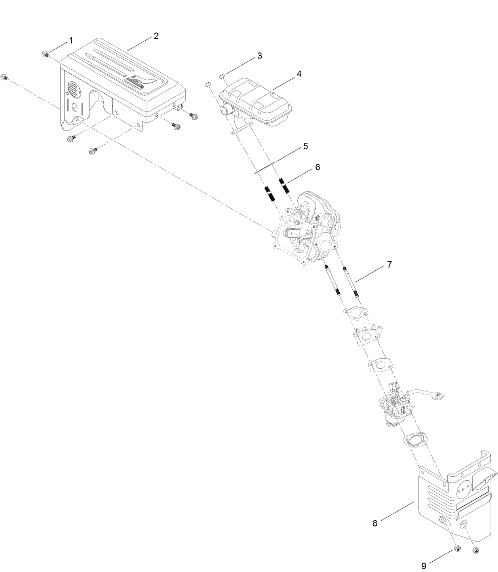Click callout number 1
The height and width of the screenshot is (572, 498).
[71, 40]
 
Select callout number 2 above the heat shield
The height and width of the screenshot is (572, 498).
[156, 36]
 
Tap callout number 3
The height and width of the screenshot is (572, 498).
[259, 56]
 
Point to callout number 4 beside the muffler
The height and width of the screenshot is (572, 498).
[299, 74]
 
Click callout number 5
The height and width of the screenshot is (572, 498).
[305, 146]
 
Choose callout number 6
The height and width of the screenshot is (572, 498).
[317, 167]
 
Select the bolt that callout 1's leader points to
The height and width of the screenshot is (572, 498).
[45, 54]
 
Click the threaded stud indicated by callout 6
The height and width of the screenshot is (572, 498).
[284, 186]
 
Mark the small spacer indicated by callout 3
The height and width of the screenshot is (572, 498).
[222, 76]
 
